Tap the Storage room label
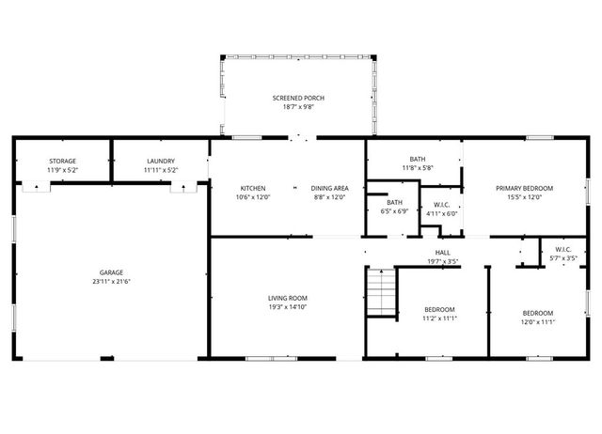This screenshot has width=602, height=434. tap(62, 161)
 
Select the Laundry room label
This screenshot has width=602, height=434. tap(161, 161)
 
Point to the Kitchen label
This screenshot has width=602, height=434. tap(252, 188)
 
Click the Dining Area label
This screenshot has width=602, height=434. tap(329, 188)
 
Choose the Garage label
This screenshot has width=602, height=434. tap(111, 272)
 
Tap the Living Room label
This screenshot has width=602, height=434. tap(288, 297)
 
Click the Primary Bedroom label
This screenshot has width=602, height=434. tap(524, 188)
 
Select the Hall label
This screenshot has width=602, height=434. tap(442, 252)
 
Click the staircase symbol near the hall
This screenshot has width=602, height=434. tap(378, 291)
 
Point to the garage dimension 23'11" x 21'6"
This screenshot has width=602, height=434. tap(111, 282)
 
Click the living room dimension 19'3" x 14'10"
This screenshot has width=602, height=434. tap(288, 306)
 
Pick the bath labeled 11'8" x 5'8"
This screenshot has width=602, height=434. tap(417, 159)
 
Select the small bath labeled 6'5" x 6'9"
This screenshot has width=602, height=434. tap(395, 203)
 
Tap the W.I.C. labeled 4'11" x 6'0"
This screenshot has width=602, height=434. tap(440, 204)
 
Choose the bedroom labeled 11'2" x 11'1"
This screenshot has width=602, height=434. tap(439, 309)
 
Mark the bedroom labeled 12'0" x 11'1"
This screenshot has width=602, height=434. tap(537, 313)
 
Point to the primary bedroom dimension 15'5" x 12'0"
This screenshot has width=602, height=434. tap(524, 197)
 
